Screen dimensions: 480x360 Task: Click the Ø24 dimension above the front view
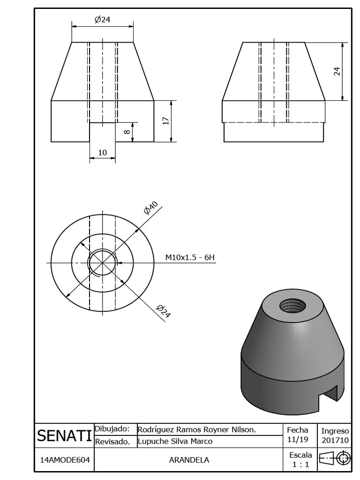tap(102, 19)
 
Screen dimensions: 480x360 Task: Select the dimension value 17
tap(165, 121)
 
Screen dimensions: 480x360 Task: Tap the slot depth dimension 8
tap(127, 132)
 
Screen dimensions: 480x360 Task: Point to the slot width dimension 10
tap(102, 152)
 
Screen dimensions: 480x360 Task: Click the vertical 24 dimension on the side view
tap(337, 71)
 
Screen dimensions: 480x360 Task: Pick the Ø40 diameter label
tap(151, 208)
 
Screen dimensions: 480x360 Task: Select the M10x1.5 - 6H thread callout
tap(190, 257)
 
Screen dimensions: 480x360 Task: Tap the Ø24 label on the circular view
tap(163, 311)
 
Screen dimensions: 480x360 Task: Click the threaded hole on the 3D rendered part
tap(292, 306)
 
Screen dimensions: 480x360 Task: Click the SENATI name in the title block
tap(64, 436)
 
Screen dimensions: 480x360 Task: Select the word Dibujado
tap(112, 429)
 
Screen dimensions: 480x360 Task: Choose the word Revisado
tap(112, 442)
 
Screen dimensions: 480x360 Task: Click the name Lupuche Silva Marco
tap(175, 442)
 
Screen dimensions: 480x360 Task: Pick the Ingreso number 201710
tap(335, 441)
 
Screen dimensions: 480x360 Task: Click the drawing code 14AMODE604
tap(64, 460)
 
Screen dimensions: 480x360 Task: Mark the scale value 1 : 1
tap(298, 465)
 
